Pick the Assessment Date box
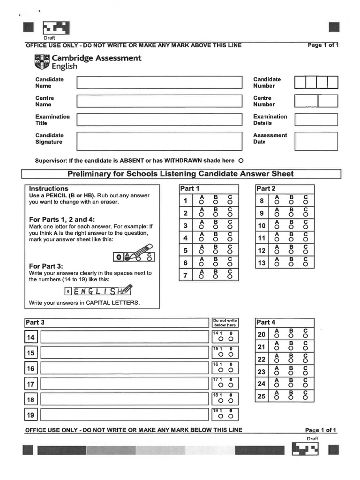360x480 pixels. pyautogui.click(x=316, y=141)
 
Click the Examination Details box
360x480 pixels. pyautogui.click(x=316, y=120)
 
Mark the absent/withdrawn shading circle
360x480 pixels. pyautogui.click(x=241, y=160)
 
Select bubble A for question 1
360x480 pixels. pyautogui.click(x=202, y=202)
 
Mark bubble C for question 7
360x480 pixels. pyautogui.click(x=230, y=277)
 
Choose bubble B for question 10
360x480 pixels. pyautogui.click(x=291, y=227)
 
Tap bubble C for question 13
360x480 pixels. pyautogui.click(x=306, y=264)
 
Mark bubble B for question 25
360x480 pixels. pyautogui.click(x=291, y=397)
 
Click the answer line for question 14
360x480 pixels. pyautogui.click(x=124, y=337)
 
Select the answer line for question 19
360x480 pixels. pyautogui.click(x=124, y=415)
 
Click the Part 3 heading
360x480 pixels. pyautogui.click(x=35, y=322)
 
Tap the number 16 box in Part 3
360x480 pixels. pyautogui.click(x=31, y=368)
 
